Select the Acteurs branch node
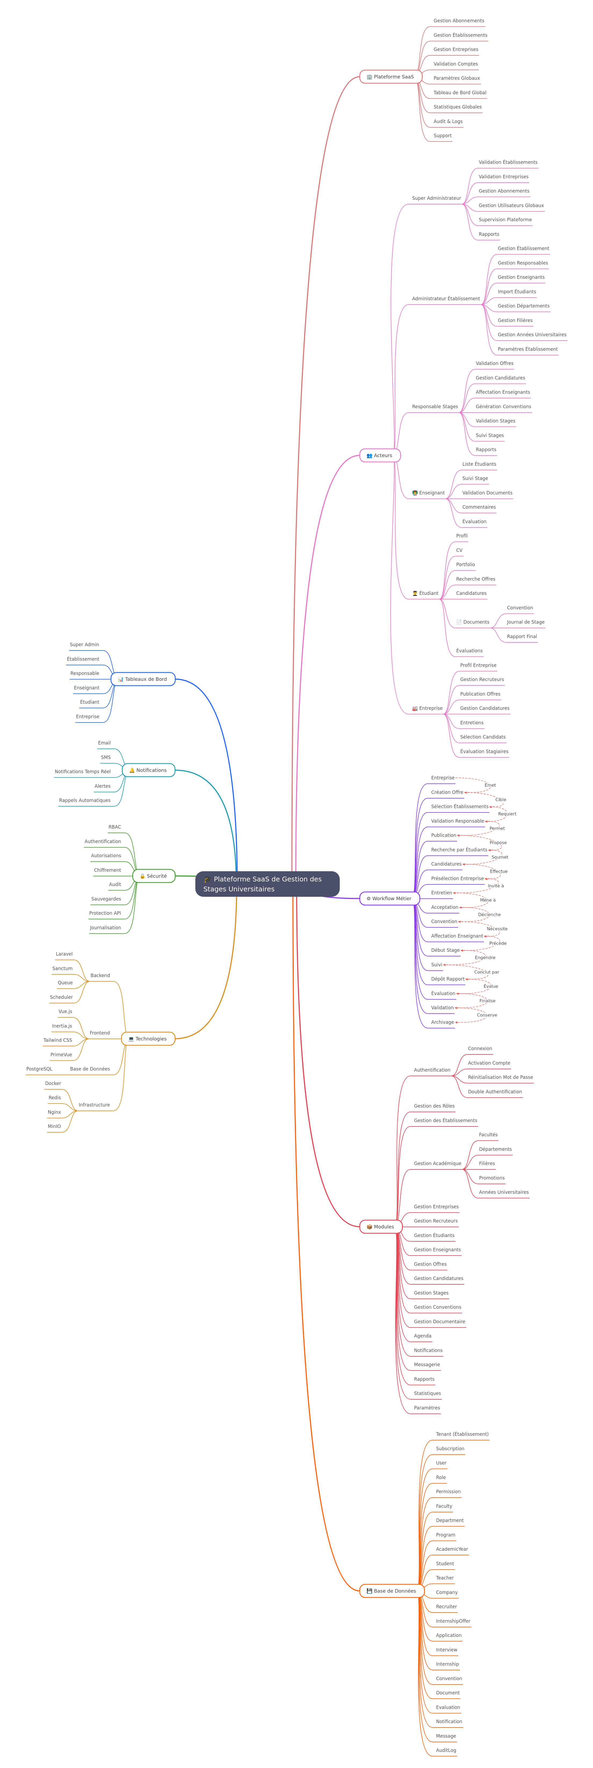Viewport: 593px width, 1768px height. (380, 455)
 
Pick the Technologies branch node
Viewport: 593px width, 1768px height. (148, 1038)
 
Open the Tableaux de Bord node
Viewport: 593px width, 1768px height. (143, 679)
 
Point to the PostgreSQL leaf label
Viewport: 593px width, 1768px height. (39, 1069)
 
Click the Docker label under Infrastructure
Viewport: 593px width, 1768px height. (53, 1083)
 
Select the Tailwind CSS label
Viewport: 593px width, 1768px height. (58, 1040)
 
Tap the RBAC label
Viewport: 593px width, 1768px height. (115, 827)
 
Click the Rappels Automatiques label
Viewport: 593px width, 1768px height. (84, 800)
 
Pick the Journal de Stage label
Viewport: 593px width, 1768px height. (526, 622)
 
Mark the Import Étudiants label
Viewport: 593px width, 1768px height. (517, 292)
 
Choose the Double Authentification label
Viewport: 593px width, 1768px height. (495, 1091)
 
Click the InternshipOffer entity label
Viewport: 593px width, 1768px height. (453, 1621)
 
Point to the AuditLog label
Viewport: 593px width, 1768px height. (446, 1750)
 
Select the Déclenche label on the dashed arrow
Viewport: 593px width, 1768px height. (489, 914)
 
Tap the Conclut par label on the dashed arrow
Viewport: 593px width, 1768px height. (487, 972)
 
